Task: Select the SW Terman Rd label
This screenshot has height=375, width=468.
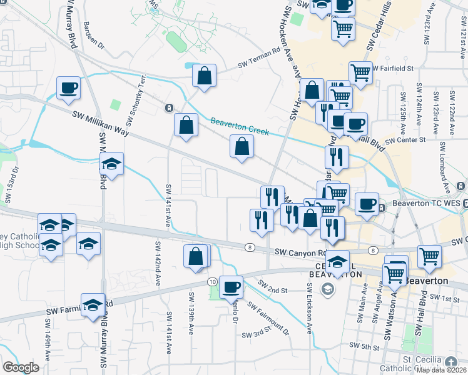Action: point(259,60)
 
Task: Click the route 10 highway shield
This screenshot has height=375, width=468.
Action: point(213,282)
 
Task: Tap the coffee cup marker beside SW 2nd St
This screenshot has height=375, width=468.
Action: point(231,287)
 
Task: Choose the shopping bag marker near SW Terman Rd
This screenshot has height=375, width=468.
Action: point(204,76)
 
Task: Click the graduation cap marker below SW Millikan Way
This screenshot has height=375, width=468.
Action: point(111,164)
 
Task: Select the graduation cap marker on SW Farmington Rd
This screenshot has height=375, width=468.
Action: point(93,305)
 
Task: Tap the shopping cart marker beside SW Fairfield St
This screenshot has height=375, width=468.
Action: point(360,72)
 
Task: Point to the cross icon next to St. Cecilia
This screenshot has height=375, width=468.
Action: point(452,361)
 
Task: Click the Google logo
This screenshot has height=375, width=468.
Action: point(21,367)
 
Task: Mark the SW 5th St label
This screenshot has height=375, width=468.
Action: point(365,346)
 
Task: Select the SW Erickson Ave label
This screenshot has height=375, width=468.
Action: point(309,303)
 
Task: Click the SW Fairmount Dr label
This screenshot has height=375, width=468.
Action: point(268,319)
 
